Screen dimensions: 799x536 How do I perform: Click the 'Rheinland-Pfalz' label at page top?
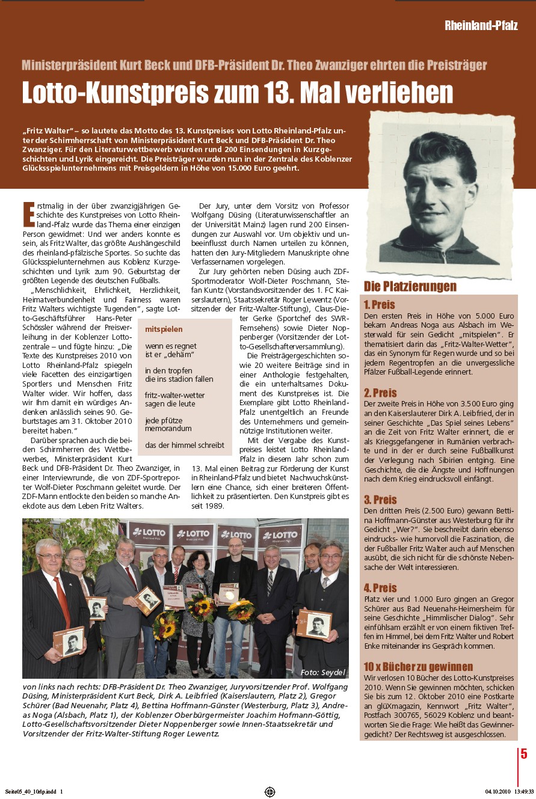(x=481, y=25)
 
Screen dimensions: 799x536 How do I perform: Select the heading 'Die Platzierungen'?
(x=410, y=286)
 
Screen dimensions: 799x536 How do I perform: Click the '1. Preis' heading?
(x=379, y=305)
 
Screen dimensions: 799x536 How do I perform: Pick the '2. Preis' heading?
(x=380, y=393)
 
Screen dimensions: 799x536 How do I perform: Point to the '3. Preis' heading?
(x=380, y=500)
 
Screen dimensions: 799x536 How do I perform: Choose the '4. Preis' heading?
(x=380, y=588)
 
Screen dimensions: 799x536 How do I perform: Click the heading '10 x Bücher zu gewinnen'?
(x=418, y=667)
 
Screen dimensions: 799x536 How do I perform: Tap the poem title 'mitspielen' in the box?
(x=164, y=329)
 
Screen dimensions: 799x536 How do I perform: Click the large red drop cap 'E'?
(x=28, y=215)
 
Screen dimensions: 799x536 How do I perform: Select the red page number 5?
(x=524, y=754)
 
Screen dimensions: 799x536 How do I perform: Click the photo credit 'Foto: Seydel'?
(x=323, y=672)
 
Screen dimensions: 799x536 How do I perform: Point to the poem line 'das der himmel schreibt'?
(x=184, y=445)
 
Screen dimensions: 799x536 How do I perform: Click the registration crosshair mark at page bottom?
(x=270, y=792)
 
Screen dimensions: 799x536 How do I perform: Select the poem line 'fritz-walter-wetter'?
(x=174, y=395)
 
